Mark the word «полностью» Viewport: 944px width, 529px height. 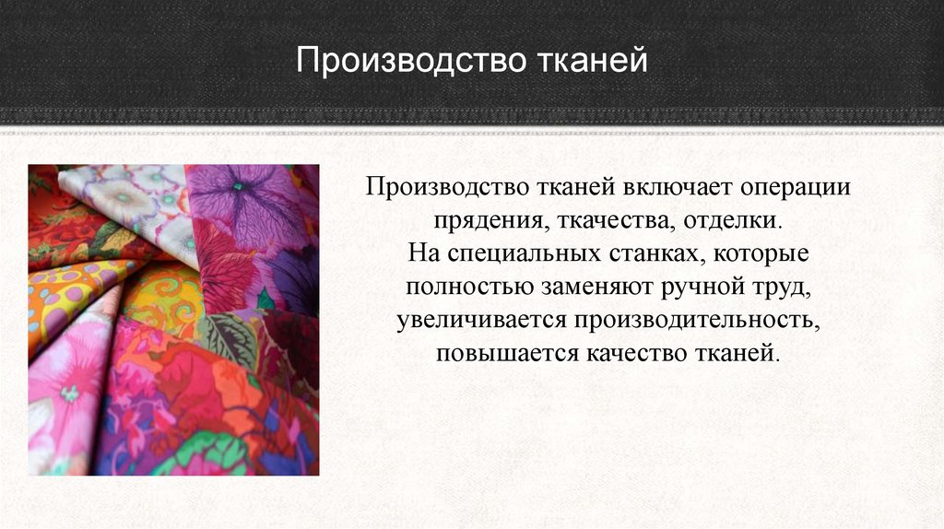pos(469,286)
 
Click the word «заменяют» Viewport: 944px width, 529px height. pos(596,287)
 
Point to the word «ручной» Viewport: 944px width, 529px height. pos(701,288)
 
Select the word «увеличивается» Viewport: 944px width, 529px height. pos(481,320)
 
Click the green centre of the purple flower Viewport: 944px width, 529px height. pos(238,187)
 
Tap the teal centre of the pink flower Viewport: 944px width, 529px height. pos(69,394)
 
